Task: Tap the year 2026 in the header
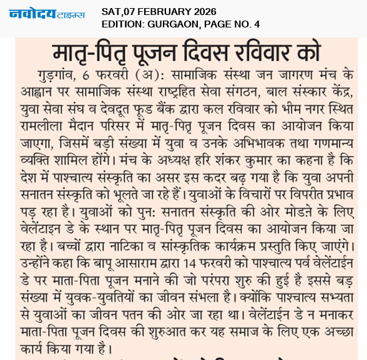(202, 11)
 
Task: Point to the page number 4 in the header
(257, 24)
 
